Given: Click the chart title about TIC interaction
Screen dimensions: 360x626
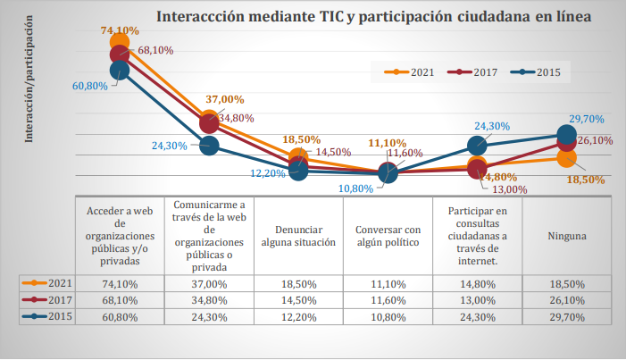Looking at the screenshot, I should coord(373,16).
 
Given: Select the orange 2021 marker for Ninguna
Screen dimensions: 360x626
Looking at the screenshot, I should coord(566,158).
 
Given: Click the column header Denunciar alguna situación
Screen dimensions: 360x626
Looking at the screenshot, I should coord(298,235).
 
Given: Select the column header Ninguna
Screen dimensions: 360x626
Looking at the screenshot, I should coord(566,236).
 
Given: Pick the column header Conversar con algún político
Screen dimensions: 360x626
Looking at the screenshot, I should coord(388,235).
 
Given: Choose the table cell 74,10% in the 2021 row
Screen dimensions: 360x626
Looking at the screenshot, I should coord(121,283).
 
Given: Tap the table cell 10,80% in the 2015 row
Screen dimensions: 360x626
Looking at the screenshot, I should coord(388,315).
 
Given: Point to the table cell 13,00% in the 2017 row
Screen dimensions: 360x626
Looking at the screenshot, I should coord(477,299).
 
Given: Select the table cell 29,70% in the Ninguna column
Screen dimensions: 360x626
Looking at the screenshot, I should coord(566,315).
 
